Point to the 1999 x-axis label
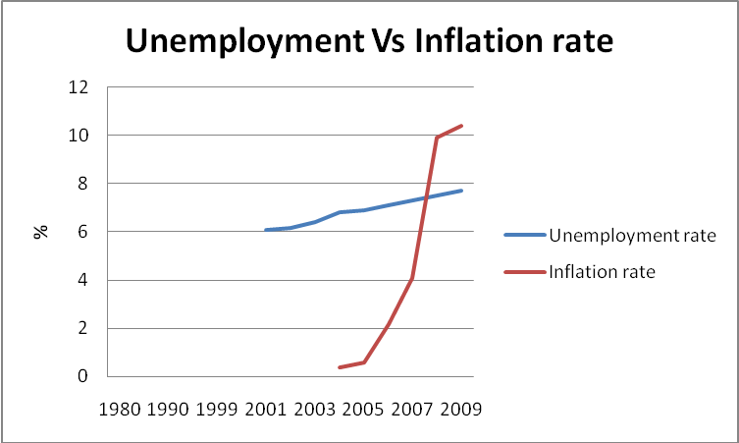tap(217, 407)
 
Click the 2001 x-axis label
tap(266, 407)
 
